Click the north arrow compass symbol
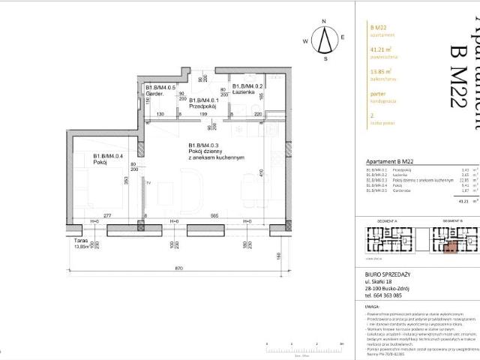point(325,38)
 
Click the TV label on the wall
point(148,182)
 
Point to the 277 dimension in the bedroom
point(107,215)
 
